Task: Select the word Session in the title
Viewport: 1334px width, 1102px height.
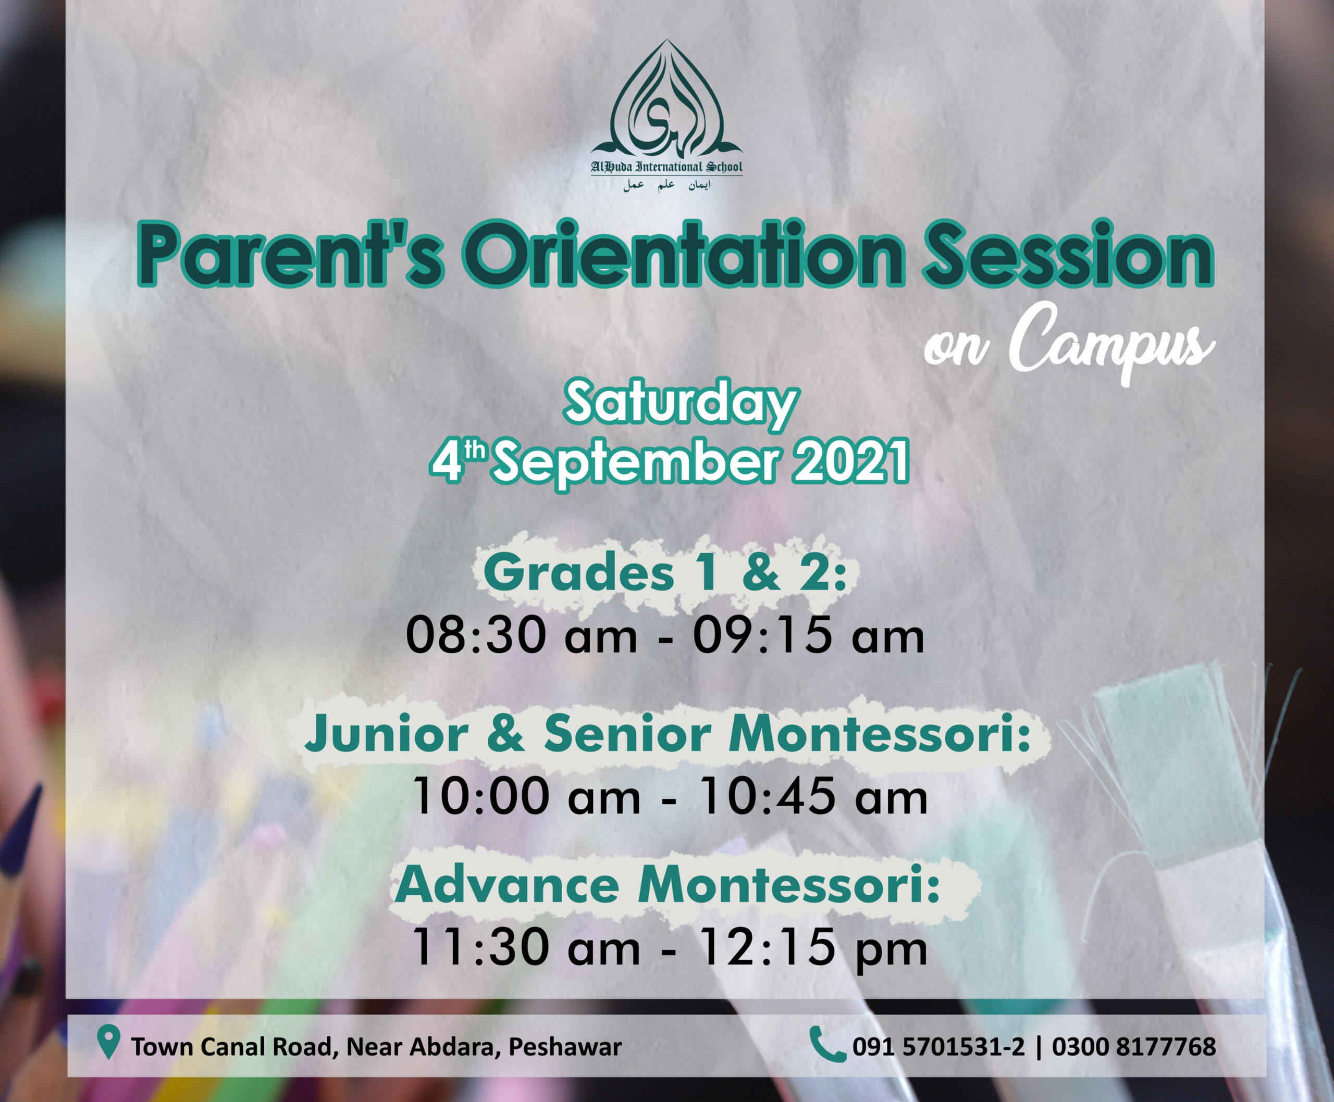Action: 1068,254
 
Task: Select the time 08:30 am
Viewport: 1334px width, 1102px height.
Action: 522,635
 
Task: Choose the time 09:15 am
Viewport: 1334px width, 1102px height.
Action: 809,635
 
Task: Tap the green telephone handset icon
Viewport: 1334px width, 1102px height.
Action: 827,1044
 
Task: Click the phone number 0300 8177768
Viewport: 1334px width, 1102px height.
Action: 1134,1047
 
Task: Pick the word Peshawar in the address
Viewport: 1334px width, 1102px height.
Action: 565,1047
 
